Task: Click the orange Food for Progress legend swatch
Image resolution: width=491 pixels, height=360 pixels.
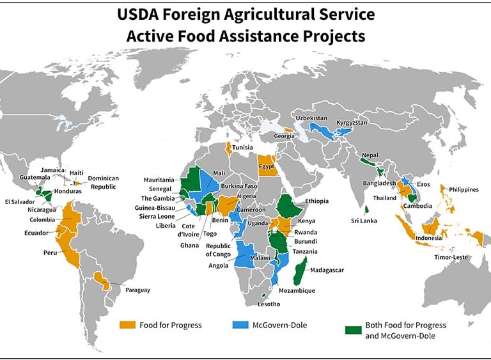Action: pyautogui.click(x=128, y=325)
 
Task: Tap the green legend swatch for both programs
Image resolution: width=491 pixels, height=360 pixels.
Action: pyautogui.click(x=352, y=329)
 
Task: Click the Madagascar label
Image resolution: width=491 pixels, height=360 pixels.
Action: pyautogui.click(x=326, y=270)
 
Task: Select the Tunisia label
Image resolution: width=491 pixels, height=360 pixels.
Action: pyautogui.click(x=242, y=147)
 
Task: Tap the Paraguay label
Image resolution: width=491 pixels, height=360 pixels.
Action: pyautogui.click(x=137, y=290)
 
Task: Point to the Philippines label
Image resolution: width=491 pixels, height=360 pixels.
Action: pyautogui.click(x=464, y=189)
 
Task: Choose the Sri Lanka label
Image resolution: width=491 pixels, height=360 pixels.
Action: pyautogui.click(x=364, y=221)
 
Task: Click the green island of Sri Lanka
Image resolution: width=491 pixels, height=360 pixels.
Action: pyautogui.click(x=366, y=209)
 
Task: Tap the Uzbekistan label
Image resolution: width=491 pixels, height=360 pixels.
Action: pyautogui.click(x=311, y=119)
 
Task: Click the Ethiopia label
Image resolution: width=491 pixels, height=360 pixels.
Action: pyautogui.click(x=316, y=201)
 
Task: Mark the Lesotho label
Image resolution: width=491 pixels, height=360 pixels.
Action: pyautogui.click(x=269, y=304)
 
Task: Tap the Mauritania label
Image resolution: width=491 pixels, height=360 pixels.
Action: pyautogui.click(x=159, y=180)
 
